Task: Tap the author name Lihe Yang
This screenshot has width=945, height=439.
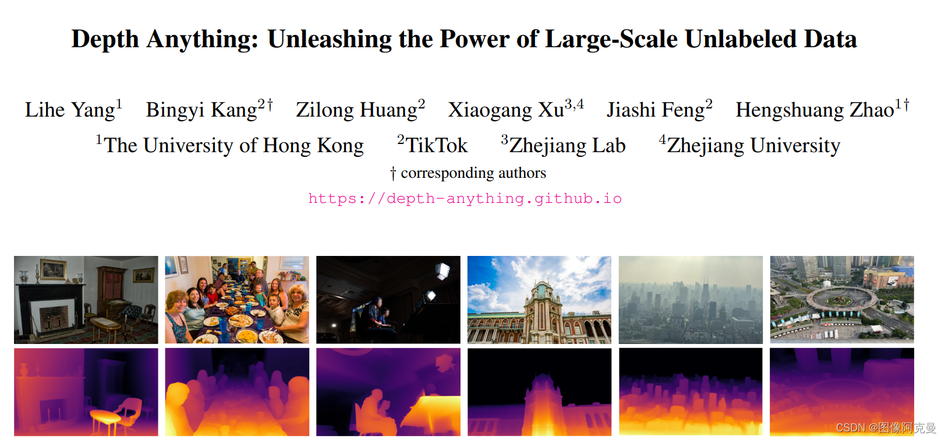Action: pos(70,110)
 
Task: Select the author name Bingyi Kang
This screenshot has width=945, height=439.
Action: pos(201,110)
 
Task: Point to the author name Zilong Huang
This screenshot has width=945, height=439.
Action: pos(356,110)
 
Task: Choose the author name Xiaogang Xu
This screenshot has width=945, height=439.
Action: pos(505,110)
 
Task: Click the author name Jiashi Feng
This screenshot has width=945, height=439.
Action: pos(655,110)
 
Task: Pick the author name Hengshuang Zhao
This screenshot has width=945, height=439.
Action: pos(814,110)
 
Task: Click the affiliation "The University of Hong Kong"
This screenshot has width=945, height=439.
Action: pos(233,145)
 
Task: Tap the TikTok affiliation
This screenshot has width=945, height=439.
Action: pos(436,145)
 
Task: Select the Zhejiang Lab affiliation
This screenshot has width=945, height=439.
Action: pos(567,145)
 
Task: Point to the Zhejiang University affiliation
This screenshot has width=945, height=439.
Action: pos(753,145)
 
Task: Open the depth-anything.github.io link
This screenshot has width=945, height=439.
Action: pos(465,198)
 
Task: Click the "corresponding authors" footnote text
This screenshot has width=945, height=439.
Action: pos(473,173)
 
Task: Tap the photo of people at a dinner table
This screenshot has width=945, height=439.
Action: pos(237,300)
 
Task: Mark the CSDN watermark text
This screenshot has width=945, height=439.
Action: pos(885,428)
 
